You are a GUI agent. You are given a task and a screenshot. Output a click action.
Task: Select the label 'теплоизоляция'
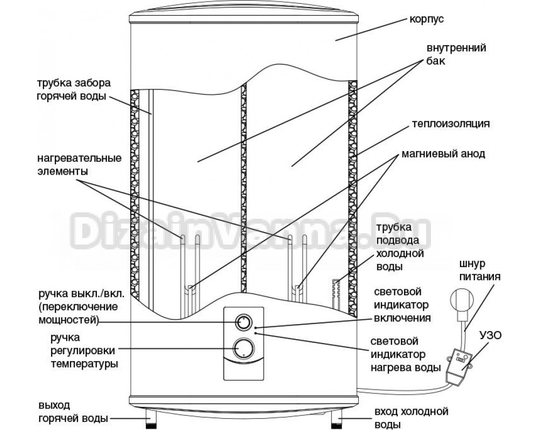point(450,123)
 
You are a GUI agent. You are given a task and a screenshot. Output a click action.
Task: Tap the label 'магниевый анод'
point(443,154)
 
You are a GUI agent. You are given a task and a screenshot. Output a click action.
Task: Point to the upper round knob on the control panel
point(243,322)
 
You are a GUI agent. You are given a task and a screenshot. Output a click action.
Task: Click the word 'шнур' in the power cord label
point(473,264)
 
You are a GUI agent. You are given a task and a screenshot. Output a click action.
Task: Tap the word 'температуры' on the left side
point(85,363)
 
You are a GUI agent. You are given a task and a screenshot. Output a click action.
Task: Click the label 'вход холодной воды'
point(411,418)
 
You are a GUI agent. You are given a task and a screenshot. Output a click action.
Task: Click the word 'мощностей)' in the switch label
point(67,321)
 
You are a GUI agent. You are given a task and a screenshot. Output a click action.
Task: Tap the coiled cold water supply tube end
point(335,290)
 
